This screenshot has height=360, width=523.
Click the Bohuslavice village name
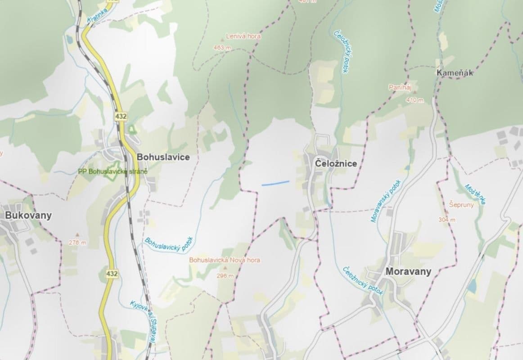point(163,157)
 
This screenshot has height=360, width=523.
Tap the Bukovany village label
point(28,216)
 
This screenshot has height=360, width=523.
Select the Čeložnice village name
point(336,164)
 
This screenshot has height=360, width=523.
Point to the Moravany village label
point(408,271)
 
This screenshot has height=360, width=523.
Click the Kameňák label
point(455,73)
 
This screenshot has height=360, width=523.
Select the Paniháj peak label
point(401,88)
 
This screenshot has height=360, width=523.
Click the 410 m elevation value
point(415,100)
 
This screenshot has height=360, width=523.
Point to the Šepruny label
point(460,204)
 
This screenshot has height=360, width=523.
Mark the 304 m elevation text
point(447,220)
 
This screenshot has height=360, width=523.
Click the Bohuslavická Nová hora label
point(225,260)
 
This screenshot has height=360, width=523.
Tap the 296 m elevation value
point(225,276)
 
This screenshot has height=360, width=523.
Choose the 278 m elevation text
point(77,243)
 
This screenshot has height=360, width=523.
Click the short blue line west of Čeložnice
point(275,183)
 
